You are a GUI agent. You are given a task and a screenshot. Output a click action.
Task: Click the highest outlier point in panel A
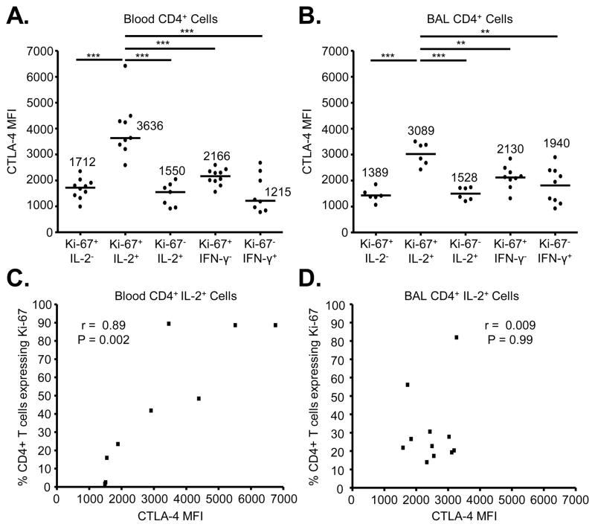click(x=125, y=66)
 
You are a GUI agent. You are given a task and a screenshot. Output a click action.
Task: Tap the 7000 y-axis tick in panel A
click(x=40, y=51)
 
